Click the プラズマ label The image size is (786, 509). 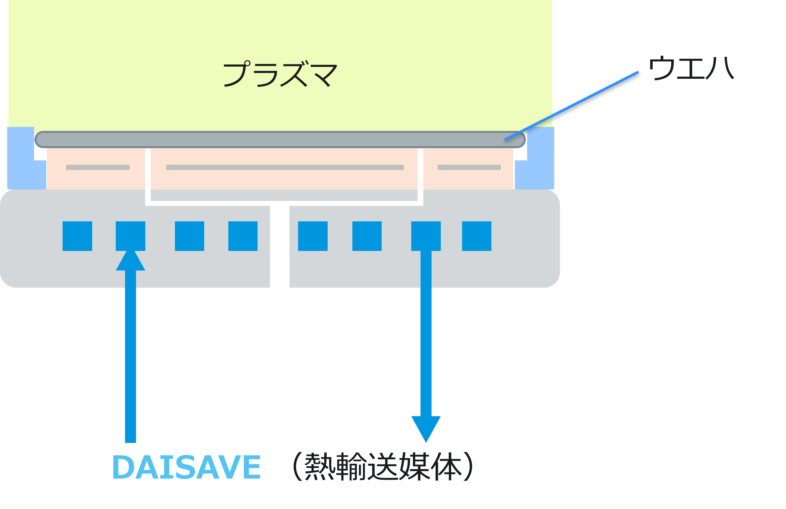[x=280, y=74]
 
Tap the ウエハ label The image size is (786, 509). [x=691, y=69]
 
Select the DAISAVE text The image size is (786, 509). [x=187, y=467]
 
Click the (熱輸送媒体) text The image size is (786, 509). [x=383, y=467]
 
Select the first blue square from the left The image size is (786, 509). [x=77, y=236]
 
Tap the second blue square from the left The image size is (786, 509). [x=130, y=236]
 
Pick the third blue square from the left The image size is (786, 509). [x=189, y=236]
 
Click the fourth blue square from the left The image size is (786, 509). [x=243, y=236]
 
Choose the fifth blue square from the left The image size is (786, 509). [x=313, y=236]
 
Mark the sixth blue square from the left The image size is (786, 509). [x=367, y=236]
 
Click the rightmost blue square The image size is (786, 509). [x=476, y=236]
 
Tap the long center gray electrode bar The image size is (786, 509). [x=285, y=167]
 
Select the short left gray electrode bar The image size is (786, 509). [x=98, y=167]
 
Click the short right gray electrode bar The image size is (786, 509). [x=469, y=167]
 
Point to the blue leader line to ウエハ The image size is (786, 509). [x=571, y=106]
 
